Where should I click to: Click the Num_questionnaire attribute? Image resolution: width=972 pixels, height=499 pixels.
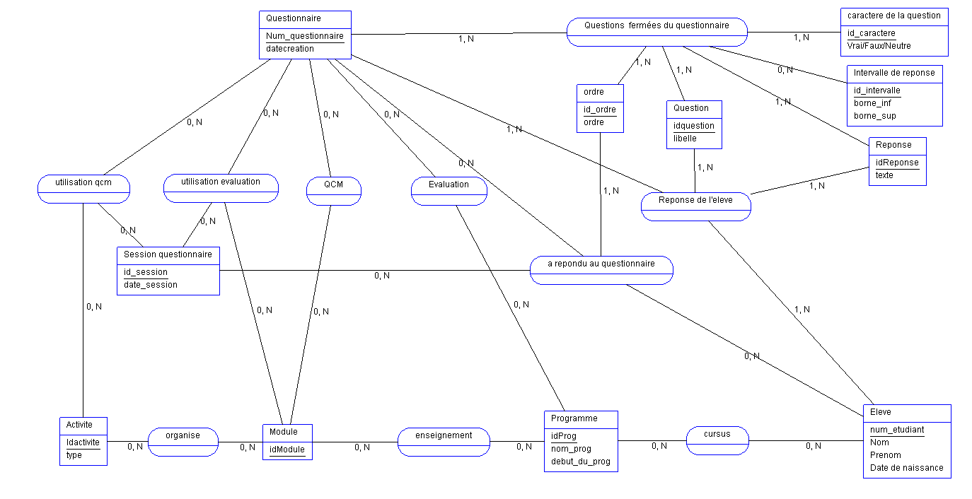point(305,36)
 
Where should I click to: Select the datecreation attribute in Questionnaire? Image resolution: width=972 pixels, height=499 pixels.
point(290,49)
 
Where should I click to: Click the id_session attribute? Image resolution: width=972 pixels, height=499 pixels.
point(146,272)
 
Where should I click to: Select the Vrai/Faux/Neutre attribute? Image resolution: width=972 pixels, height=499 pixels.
point(879,46)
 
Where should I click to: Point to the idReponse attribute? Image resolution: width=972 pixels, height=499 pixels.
point(897,163)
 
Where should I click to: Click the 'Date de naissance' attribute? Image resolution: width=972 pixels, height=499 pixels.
point(906,467)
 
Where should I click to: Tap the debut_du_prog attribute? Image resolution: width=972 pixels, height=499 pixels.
point(580,462)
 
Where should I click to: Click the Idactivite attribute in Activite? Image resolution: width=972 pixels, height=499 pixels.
point(83,442)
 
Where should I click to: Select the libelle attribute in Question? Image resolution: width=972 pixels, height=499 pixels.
point(685,139)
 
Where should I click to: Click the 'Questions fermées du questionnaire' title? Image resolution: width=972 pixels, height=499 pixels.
point(656,25)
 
